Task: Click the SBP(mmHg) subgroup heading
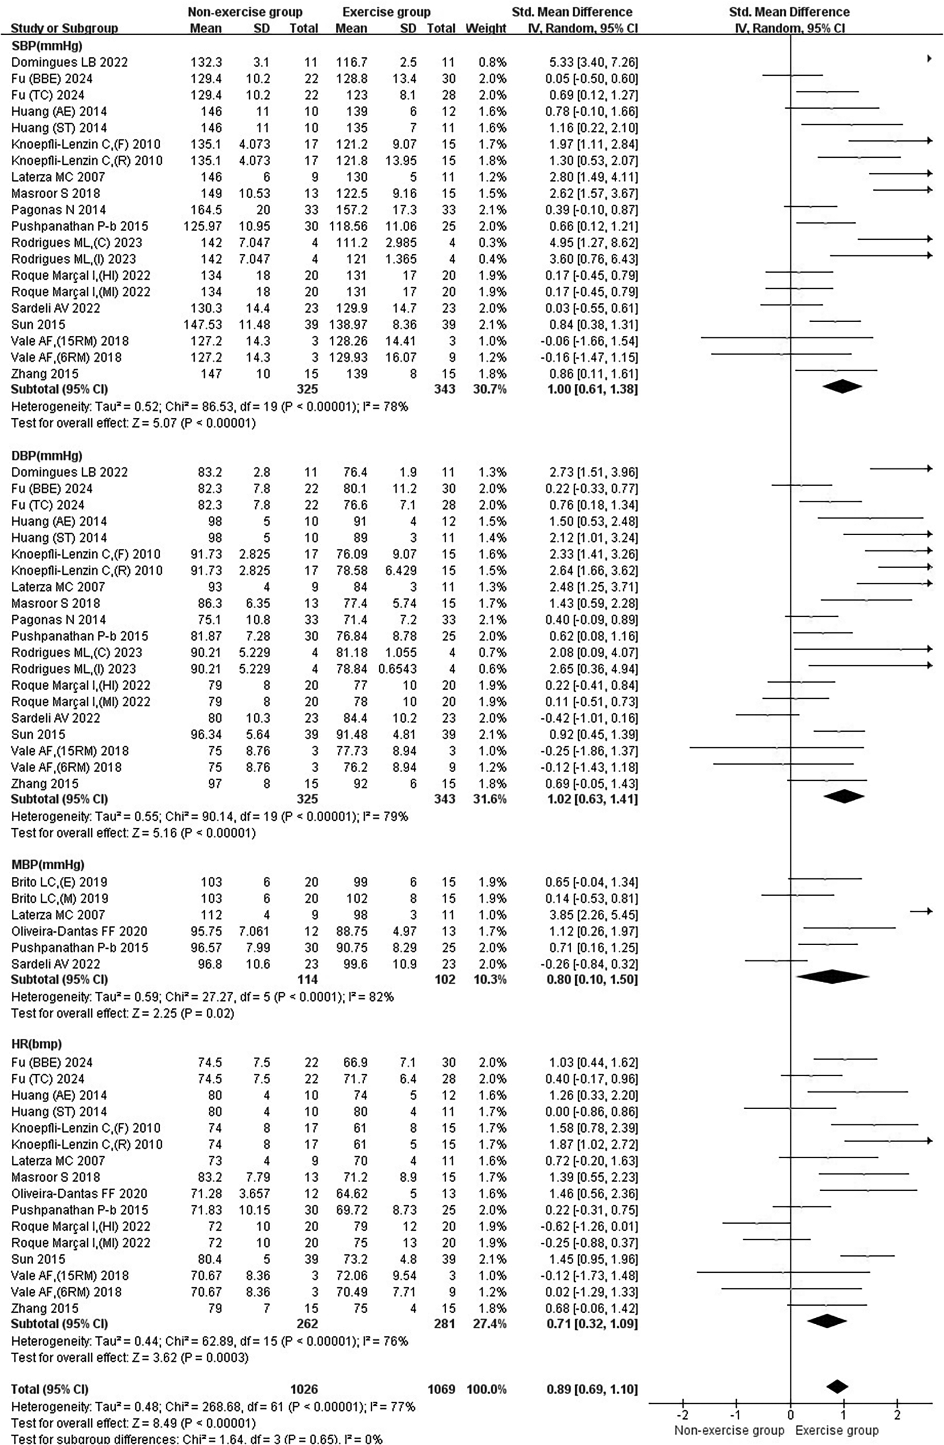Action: pyautogui.click(x=46, y=46)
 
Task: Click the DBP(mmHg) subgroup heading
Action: pyautogui.click(x=46, y=455)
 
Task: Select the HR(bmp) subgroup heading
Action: pyautogui.click(x=36, y=1044)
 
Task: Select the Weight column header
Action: pyautogui.click(x=486, y=28)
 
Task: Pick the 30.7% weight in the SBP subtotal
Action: pyautogui.click(x=489, y=388)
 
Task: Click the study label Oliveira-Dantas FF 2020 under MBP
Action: pyautogui.click(x=79, y=931)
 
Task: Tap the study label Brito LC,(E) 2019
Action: pyautogui.click(x=60, y=881)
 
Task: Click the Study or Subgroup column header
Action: pyautogui.click(x=64, y=28)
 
